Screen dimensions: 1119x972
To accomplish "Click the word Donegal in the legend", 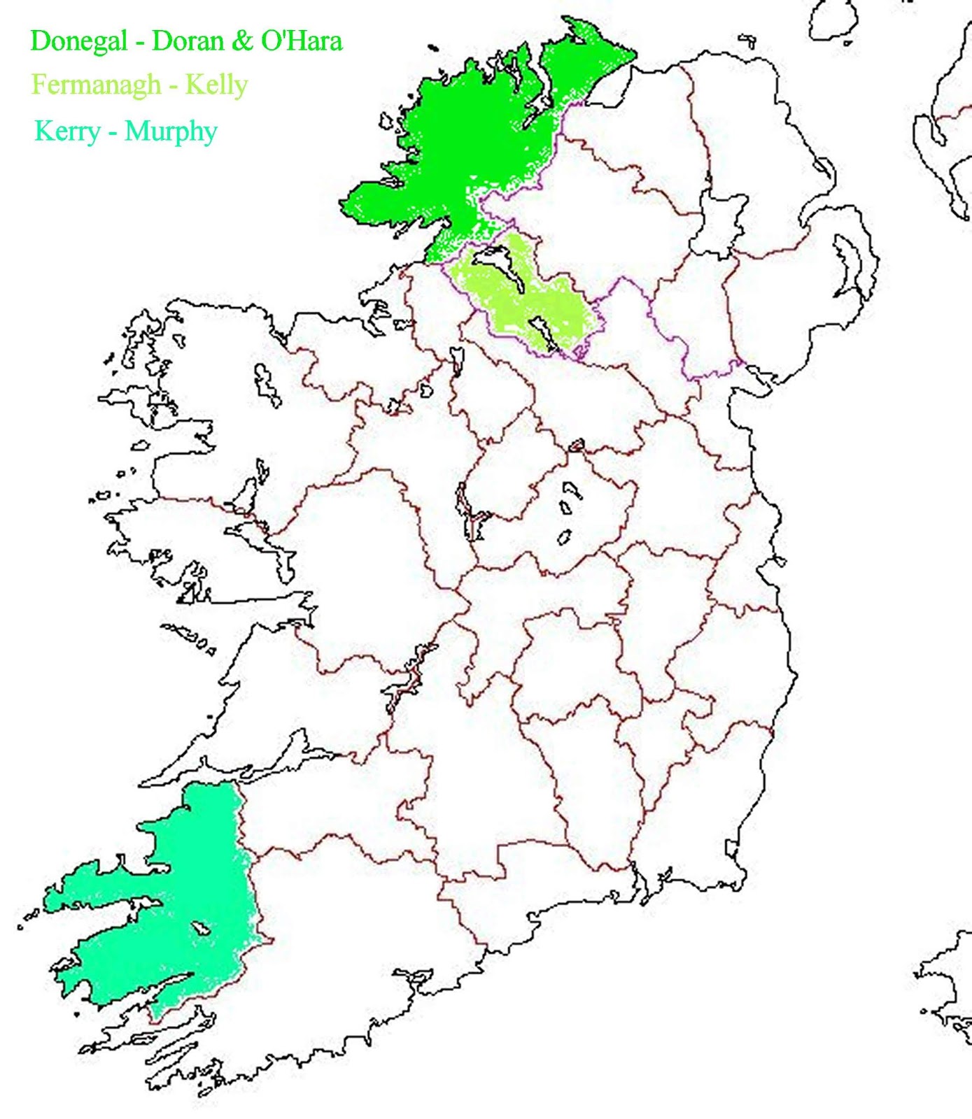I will coord(78,41).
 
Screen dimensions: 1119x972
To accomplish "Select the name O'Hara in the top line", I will coord(301,41).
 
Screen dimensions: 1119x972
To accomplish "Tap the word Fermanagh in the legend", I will coord(96,85).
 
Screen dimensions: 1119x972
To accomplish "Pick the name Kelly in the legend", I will coord(216,85).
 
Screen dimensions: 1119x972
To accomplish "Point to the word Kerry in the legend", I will coord(67,131).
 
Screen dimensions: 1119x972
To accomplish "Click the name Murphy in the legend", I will coord(171,131).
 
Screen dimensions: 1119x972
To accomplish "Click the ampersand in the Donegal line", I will coord(242,41).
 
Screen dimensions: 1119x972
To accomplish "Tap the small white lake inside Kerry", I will coord(202,928).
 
